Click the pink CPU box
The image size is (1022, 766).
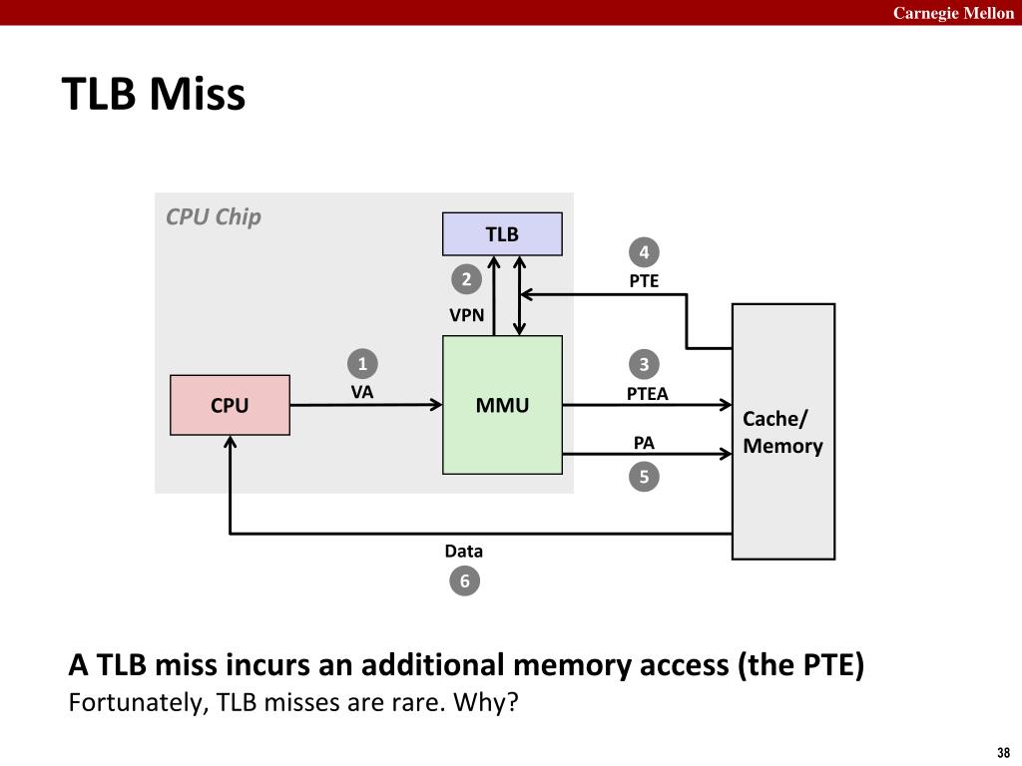pyautogui.click(x=231, y=405)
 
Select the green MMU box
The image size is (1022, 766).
pyautogui.click(x=503, y=405)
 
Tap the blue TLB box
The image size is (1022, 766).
pyautogui.click(x=503, y=233)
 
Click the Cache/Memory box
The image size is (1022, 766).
pyautogui.click(x=783, y=431)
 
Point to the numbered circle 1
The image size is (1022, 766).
pyautogui.click(x=362, y=363)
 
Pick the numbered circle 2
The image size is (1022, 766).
pyautogui.click(x=467, y=279)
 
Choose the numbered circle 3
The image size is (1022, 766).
pyautogui.click(x=644, y=364)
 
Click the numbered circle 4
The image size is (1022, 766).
pyautogui.click(x=644, y=252)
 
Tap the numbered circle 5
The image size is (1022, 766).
pyautogui.click(x=644, y=477)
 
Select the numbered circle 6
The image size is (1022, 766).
pyautogui.click(x=465, y=580)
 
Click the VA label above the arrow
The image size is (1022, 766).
pyautogui.click(x=362, y=392)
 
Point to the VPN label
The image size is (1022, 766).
pyautogui.click(x=467, y=315)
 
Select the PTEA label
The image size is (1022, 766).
pyautogui.click(x=647, y=394)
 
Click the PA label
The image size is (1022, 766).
pyautogui.click(x=644, y=443)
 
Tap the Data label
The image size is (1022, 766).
pyautogui.click(x=464, y=551)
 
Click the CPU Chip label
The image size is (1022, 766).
pyautogui.click(x=214, y=216)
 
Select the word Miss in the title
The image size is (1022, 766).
pyautogui.click(x=198, y=94)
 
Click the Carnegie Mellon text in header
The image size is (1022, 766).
pyautogui.click(x=953, y=13)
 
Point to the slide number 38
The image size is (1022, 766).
pyautogui.click(x=1004, y=752)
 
